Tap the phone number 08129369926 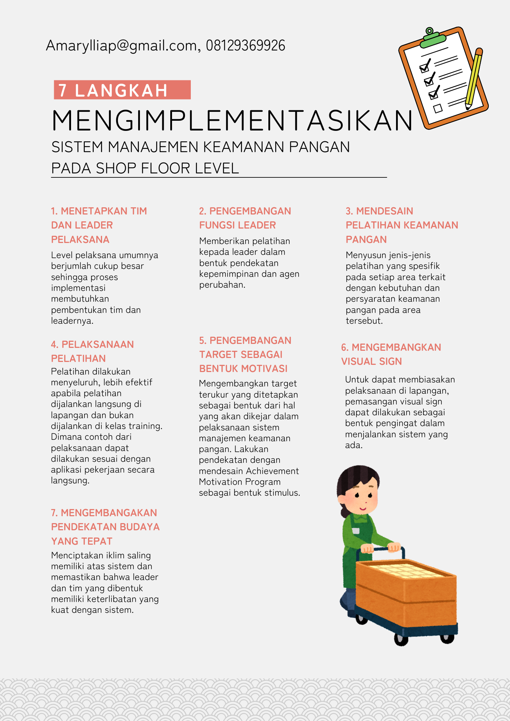tap(245, 46)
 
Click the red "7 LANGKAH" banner tap(122, 90)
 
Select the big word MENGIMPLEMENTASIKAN tap(232, 121)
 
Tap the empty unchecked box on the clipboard tap(438, 108)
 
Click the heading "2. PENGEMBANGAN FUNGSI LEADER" tap(245, 218)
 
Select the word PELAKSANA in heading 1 tap(80, 239)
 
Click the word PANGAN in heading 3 tap(366, 239)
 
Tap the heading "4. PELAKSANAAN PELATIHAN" tap(92, 351)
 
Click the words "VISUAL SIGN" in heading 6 tap(371, 361)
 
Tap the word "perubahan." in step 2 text tap(222, 285)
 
